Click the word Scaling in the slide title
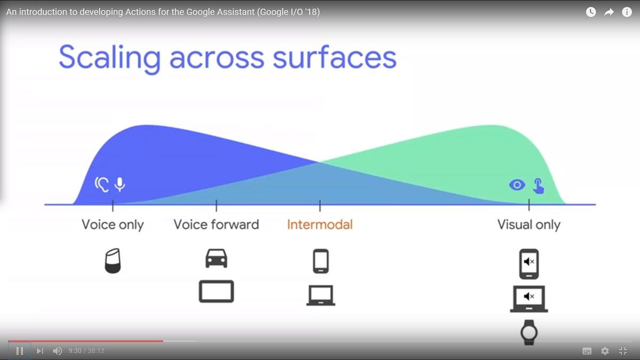click(x=109, y=59)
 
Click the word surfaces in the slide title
click(x=334, y=57)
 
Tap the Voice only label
click(x=113, y=225)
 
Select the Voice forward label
click(x=217, y=225)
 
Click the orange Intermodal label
click(x=319, y=225)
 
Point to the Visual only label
click(x=529, y=225)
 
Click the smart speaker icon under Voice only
click(x=113, y=261)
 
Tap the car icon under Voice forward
click(x=217, y=259)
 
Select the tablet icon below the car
click(x=217, y=291)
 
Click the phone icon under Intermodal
click(x=321, y=261)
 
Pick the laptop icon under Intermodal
click(x=321, y=295)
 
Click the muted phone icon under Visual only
click(x=529, y=264)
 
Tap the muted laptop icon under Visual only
click(x=529, y=299)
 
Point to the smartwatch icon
click(x=529, y=332)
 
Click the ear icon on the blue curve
click(x=101, y=185)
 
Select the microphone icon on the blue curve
click(x=119, y=185)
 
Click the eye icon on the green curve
click(x=517, y=185)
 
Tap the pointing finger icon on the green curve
click(x=539, y=186)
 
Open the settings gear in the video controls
click(x=605, y=351)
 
